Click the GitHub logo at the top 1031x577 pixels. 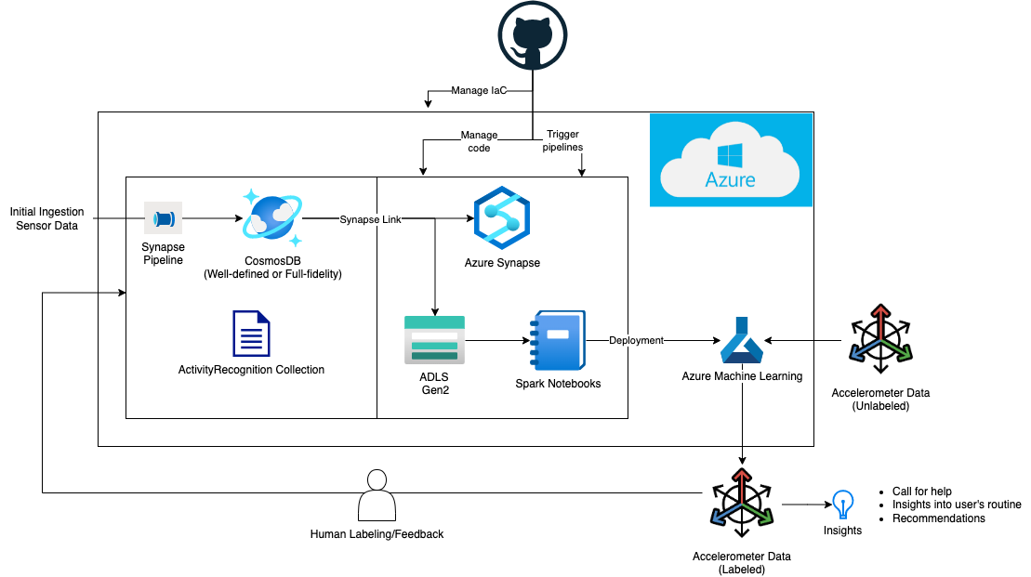(x=533, y=34)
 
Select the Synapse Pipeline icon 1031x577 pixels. (x=163, y=219)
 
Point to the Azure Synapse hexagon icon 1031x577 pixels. (x=501, y=218)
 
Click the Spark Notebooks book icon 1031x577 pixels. (x=558, y=340)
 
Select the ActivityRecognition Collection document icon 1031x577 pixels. (x=251, y=334)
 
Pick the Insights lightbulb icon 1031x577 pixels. (x=842, y=505)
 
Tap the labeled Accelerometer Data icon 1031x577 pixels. (x=741, y=505)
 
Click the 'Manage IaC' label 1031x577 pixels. (x=479, y=91)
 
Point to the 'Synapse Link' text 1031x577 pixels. (x=370, y=219)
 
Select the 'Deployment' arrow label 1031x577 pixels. (x=636, y=340)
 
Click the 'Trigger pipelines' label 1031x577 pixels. (x=562, y=140)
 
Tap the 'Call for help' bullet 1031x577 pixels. (x=921, y=492)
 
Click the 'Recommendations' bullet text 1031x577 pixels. (x=938, y=518)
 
